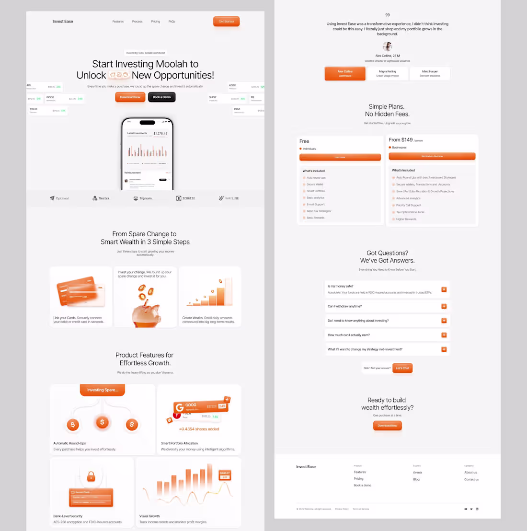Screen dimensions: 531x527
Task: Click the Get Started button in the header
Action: click(226, 22)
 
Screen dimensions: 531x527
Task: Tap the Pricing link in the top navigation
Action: click(156, 22)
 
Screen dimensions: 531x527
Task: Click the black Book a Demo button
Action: click(161, 97)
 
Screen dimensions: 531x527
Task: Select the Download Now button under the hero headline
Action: click(130, 97)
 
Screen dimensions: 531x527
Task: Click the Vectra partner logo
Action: click(101, 198)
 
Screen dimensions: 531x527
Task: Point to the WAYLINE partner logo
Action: click(229, 198)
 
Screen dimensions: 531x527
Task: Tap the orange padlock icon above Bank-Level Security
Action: click(91, 477)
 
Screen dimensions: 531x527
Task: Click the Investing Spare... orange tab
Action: click(102, 390)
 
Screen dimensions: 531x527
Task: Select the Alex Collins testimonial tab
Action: click(345, 73)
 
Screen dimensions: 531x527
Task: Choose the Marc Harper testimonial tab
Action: click(430, 73)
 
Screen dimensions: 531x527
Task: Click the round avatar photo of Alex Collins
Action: click(388, 46)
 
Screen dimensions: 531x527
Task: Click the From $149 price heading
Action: click(401, 140)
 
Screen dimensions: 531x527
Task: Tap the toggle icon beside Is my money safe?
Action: click(444, 289)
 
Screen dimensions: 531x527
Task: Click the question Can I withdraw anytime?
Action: click(345, 306)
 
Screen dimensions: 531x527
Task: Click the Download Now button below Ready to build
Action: click(387, 426)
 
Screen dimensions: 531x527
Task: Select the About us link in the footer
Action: click(470, 473)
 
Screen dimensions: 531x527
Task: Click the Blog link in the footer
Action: click(416, 479)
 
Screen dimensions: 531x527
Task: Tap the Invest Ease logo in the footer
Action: click(306, 467)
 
